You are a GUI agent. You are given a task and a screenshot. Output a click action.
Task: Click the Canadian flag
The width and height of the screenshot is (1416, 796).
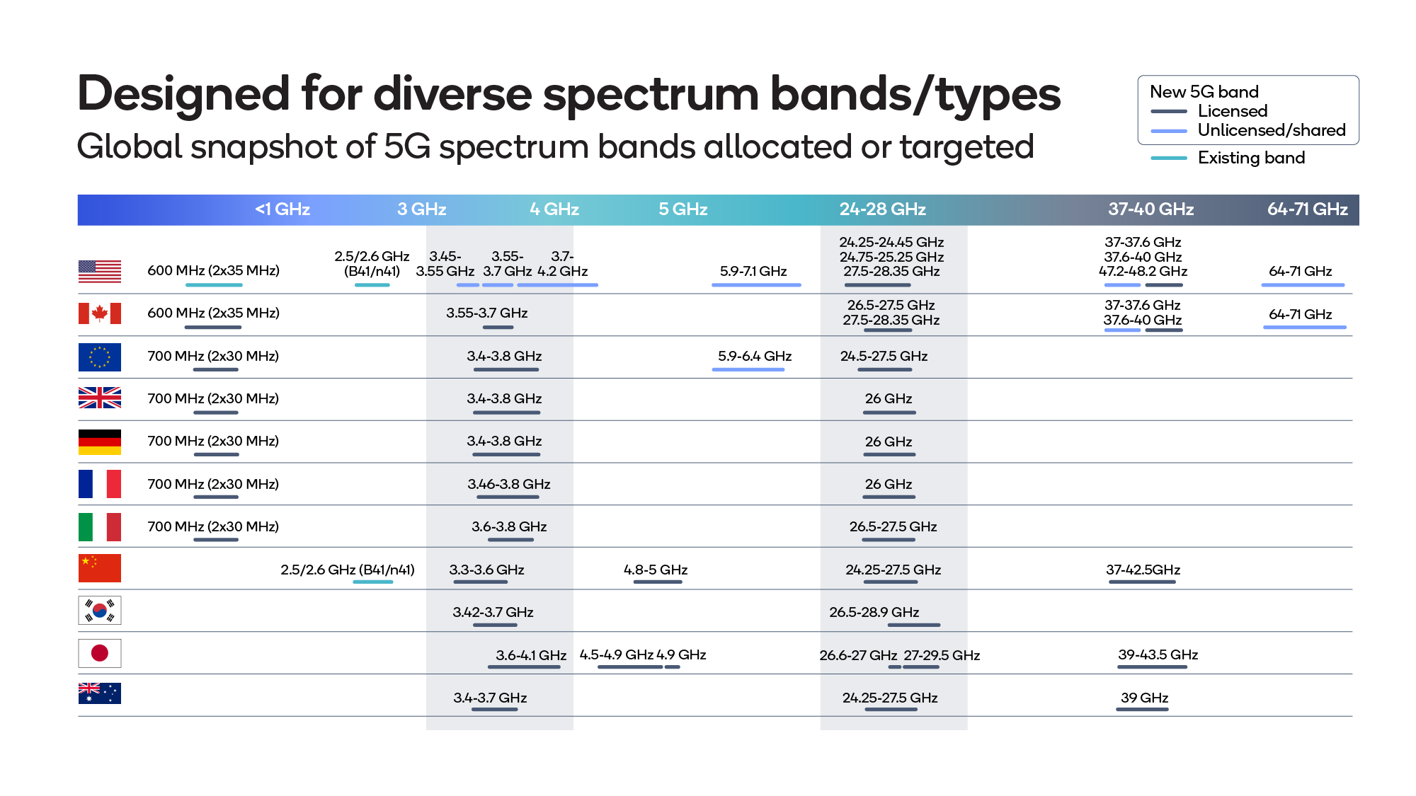(99, 313)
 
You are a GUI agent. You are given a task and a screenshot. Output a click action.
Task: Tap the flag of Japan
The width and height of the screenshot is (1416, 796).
(99, 653)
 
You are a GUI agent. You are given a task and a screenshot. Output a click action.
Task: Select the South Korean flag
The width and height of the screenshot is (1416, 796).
(99, 610)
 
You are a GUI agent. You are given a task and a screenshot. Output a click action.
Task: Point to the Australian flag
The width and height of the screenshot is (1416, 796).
(99, 693)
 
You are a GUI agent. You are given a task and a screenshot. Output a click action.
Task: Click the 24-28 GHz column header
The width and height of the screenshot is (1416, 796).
(882, 209)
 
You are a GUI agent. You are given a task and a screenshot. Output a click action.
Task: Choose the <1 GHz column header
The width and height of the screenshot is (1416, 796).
(282, 209)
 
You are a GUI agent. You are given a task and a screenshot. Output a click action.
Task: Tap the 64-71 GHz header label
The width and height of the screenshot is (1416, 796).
(1307, 209)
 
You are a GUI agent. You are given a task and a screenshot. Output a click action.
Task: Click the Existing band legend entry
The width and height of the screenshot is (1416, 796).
(1250, 158)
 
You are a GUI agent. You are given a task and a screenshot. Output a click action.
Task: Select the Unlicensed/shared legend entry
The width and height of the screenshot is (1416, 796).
(1271, 130)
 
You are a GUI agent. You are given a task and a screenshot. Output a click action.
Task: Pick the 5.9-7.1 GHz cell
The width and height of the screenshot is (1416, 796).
(753, 271)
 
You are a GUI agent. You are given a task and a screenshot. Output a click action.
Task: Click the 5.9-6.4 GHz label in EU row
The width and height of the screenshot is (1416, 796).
(754, 356)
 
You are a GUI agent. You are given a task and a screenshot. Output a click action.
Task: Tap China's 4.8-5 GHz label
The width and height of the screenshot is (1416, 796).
(656, 570)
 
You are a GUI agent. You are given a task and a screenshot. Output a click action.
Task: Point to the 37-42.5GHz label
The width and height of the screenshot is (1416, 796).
(1143, 570)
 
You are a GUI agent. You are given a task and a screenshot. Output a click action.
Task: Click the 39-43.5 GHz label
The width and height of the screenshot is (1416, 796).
(1158, 654)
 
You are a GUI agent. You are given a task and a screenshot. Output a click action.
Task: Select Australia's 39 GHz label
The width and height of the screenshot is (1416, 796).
(1144, 698)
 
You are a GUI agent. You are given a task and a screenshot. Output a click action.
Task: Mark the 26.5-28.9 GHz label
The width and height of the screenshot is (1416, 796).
(874, 612)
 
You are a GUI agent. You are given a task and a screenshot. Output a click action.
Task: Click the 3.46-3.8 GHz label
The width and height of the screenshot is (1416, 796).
(508, 484)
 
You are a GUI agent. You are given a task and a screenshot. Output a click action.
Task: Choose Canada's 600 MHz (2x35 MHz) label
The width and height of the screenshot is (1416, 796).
(213, 313)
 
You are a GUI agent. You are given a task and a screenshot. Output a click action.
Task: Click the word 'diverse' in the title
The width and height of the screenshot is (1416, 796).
(452, 94)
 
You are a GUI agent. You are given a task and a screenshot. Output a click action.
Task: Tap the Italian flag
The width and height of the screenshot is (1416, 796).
(99, 526)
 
